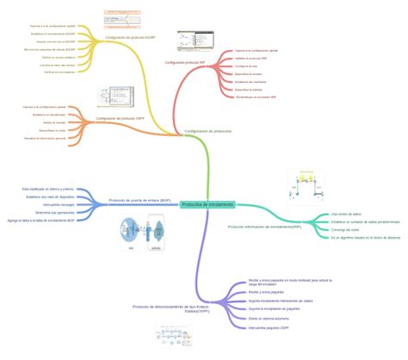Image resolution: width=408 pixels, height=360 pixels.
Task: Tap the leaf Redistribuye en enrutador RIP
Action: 258,97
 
